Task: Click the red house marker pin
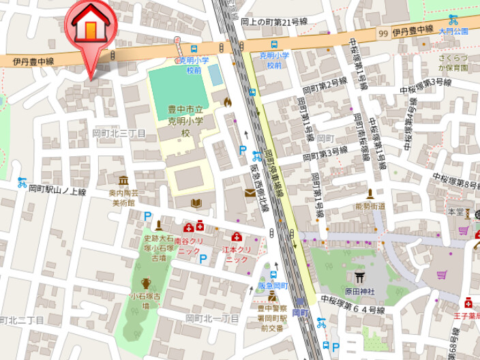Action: click(91, 27)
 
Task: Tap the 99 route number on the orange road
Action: click(384, 33)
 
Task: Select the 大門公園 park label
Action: click(453, 31)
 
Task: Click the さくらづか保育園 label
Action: click(453, 63)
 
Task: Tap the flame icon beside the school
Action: click(227, 101)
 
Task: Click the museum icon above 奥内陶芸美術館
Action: click(123, 181)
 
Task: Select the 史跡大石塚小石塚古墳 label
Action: click(158, 248)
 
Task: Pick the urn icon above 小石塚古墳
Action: click(146, 283)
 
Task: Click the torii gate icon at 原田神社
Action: click(359, 277)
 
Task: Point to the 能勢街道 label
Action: click(370, 206)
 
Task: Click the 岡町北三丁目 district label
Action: click(119, 133)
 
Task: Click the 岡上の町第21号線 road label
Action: click(275, 22)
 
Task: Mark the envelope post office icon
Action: click(250, 193)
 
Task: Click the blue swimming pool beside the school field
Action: click(215, 75)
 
